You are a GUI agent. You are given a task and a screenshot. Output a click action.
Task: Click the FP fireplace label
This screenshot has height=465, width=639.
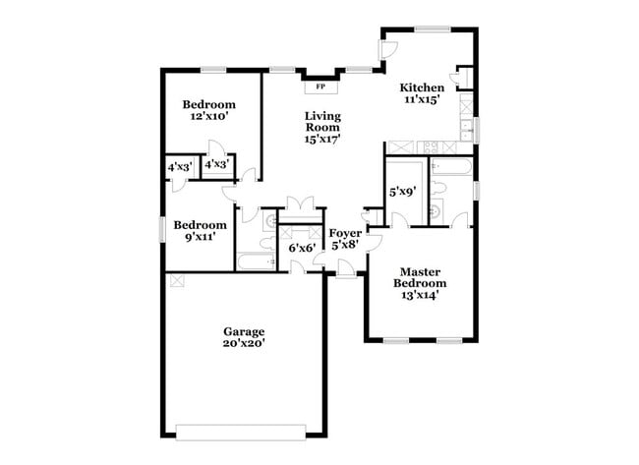[319, 87]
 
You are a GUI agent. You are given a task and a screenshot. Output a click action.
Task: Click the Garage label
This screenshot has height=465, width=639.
[244, 331]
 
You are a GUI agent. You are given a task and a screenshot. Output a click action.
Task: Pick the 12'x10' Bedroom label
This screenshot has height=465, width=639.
[208, 105]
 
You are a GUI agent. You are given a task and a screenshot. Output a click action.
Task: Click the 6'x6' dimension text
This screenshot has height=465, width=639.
[301, 249]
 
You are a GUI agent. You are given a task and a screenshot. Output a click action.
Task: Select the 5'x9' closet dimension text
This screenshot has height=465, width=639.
[404, 193]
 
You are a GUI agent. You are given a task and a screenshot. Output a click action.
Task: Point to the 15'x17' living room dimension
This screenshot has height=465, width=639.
[321, 140]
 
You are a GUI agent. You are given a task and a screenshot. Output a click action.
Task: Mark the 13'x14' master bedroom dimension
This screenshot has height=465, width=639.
[421, 293]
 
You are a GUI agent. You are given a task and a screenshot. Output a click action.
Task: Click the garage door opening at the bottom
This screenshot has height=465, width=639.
[241, 429]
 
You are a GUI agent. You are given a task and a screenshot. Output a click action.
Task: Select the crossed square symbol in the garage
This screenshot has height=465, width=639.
[177, 280]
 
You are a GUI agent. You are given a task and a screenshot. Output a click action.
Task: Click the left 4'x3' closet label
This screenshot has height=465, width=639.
[179, 168]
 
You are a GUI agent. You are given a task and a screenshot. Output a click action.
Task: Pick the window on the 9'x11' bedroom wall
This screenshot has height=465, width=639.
[163, 228]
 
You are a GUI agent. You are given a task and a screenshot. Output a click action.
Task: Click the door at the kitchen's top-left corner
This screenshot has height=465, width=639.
[389, 49]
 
